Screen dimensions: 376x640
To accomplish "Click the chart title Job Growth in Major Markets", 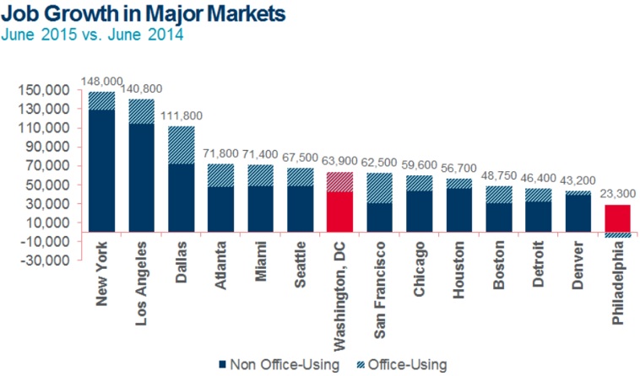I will [144, 14].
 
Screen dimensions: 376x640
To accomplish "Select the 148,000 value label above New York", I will [102, 81].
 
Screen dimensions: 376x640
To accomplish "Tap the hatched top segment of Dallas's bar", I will [182, 145].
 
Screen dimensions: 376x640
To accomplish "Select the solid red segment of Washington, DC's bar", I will [340, 212].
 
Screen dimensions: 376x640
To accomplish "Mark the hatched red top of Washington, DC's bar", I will [340, 181].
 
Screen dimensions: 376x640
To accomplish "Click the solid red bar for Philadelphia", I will [619, 218].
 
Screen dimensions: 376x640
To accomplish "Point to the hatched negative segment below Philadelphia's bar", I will [619, 235].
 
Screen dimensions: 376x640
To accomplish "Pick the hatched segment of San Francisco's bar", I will [381, 188].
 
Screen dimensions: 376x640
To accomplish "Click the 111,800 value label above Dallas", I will [182, 116].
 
